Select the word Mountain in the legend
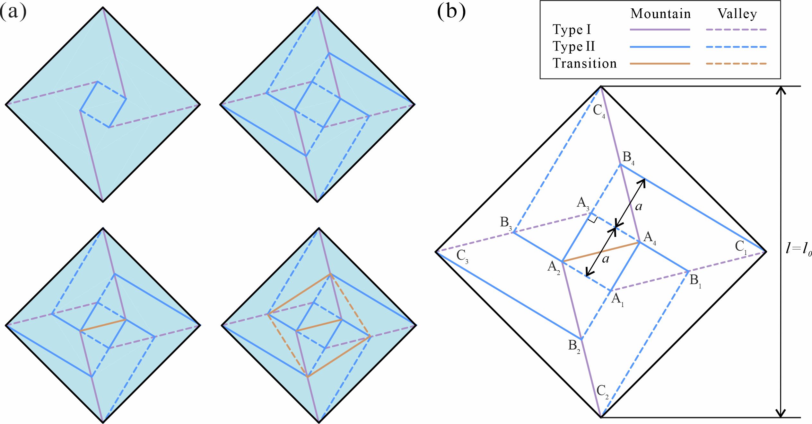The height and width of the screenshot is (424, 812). (660, 14)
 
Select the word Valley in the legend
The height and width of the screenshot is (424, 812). (737, 14)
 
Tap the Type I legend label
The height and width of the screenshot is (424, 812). (572, 30)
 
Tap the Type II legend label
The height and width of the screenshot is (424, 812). (574, 47)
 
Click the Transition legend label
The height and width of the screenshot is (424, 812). (585, 63)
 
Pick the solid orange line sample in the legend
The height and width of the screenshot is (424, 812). (660, 64)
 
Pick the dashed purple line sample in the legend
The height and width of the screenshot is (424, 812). (736, 30)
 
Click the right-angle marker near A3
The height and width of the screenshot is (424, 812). (593, 219)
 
